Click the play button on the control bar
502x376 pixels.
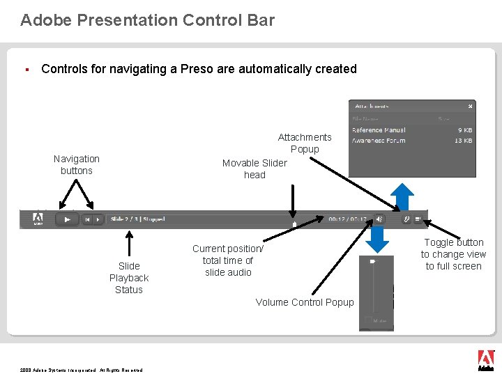[67, 219]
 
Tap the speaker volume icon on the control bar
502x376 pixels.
[379, 219]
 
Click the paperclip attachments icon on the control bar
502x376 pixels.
[406, 219]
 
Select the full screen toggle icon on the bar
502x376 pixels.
[418, 219]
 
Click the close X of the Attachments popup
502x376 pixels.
[471, 106]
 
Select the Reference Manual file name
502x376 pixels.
[379, 130]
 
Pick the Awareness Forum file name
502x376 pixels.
[379, 141]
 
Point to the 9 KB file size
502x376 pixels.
[465, 130]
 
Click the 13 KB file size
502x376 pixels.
[464, 141]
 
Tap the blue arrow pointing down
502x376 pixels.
[377, 240]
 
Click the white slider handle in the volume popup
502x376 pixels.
[373, 262]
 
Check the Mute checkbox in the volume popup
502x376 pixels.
[368, 320]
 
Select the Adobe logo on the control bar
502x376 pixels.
[38, 219]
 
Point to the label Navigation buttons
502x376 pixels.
[77, 164]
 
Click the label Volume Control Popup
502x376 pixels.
[304, 302]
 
